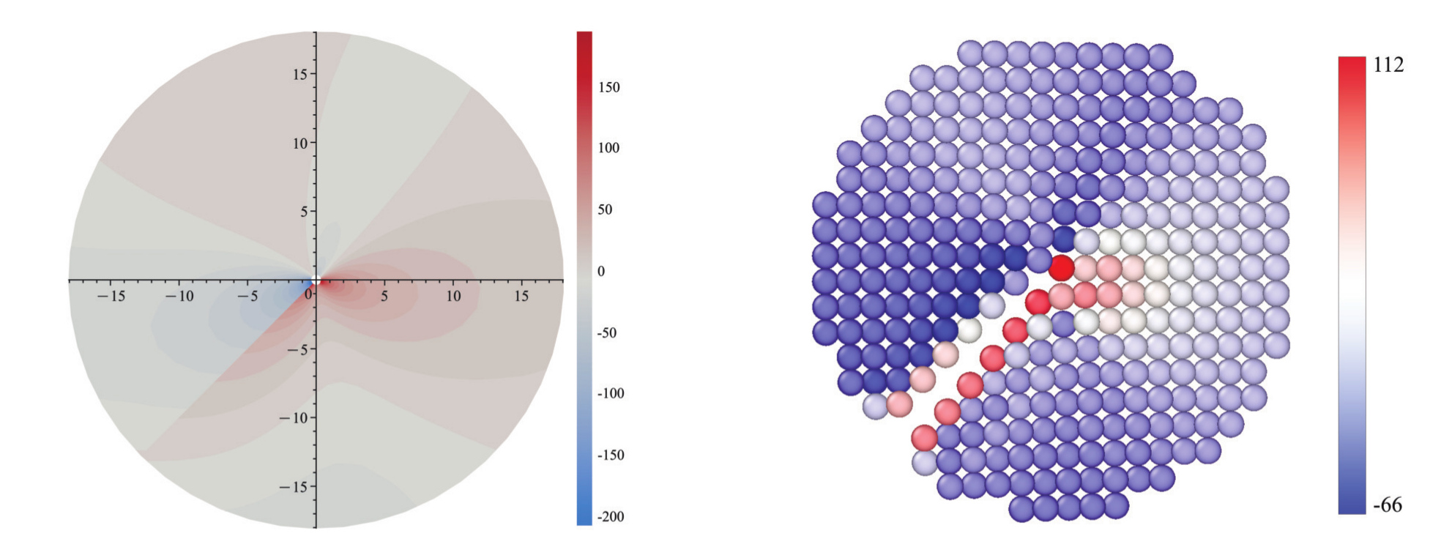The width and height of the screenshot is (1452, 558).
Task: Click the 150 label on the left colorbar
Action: (x=609, y=87)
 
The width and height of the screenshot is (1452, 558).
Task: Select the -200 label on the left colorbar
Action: (x=611, y=517)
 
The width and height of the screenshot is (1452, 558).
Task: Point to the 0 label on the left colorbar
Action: (x=601, y=272)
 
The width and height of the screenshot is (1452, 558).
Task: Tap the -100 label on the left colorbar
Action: (x=611, y=393)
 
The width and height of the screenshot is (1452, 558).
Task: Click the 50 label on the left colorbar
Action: (x=605, y=209)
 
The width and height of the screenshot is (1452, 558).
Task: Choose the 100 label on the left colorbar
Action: (x=609, y=148)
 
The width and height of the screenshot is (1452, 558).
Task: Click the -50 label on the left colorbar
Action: (x=608, y=333)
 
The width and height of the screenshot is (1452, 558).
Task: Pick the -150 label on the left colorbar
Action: (x=611, y=455)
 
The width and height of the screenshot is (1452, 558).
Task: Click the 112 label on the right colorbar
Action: (x=1388, y=65)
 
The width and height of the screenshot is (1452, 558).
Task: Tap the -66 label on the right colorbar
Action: (x=1388, y=505)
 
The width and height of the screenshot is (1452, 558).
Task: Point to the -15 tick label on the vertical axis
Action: (x=294, y=487)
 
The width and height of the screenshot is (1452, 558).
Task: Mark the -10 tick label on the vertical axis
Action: (x=294, y=418)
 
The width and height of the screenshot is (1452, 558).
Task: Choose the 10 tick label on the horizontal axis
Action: (x=453, y=296)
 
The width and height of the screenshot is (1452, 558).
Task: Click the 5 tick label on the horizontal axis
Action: (x=384, y=296)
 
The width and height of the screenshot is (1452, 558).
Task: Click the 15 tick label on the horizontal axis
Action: (x=521, y=296)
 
